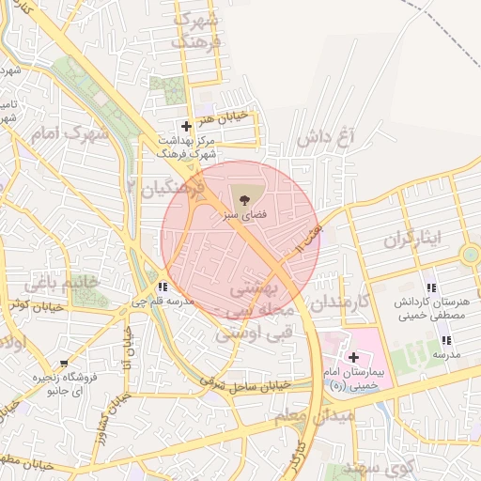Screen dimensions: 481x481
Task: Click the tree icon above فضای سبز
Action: (244, 199)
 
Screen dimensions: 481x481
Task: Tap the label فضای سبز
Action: (244, 215)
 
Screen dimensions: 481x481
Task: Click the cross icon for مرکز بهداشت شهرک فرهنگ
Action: (186, 126)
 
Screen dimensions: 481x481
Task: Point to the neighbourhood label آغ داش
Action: (330, 138)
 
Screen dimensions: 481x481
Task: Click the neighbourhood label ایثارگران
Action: (411, 239)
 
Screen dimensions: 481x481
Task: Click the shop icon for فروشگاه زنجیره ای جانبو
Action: (64, 364)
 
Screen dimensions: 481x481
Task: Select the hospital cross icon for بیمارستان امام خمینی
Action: (353, 357)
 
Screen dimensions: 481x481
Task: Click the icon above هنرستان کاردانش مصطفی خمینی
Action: (431, 287)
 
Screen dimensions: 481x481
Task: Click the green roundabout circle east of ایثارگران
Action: (470, 254)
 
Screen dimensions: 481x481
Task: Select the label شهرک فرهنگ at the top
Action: (196, 31)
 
